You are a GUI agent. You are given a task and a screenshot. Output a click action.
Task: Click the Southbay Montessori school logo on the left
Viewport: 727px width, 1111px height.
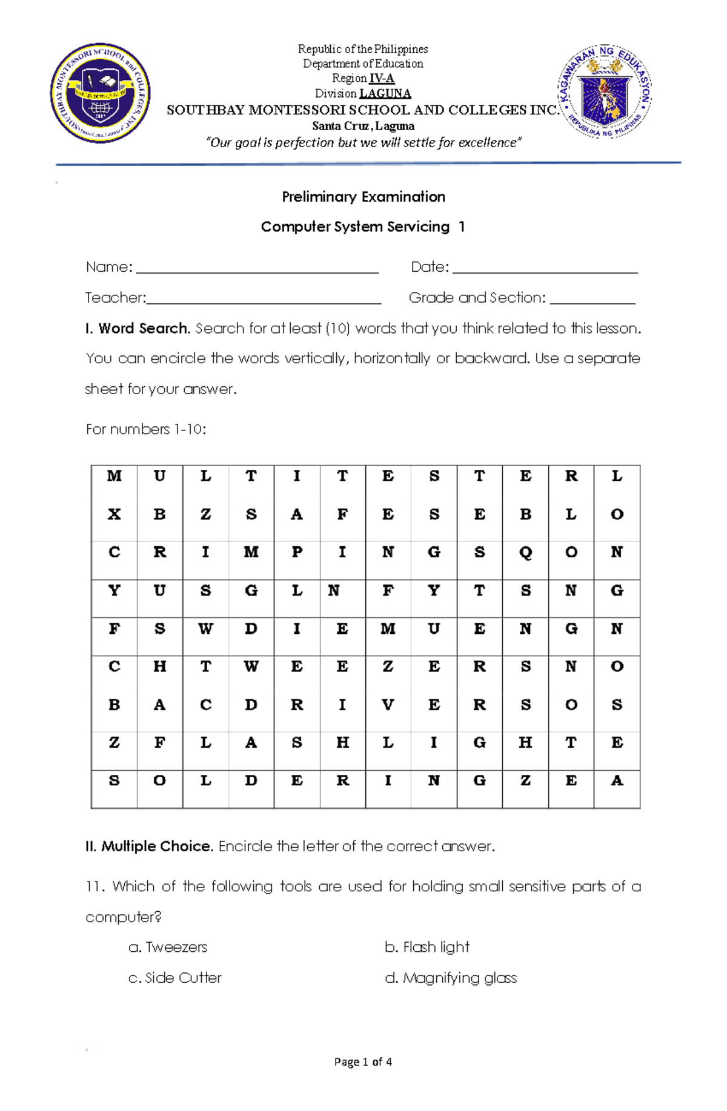coord(100,93)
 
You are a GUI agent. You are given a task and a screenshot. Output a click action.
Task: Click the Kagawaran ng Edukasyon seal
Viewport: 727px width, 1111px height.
coord(605,91)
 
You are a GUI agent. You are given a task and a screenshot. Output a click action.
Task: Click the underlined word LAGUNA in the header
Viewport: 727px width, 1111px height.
coord(385,93)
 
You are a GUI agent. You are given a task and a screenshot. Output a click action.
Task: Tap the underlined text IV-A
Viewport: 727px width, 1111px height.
coord(382,78)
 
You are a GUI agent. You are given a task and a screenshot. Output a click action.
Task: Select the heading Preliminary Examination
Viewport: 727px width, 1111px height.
coord(363,197)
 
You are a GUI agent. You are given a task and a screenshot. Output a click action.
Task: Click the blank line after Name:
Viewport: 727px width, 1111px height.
coord(257,268)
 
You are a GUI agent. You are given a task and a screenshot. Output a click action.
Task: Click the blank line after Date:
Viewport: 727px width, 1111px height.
coord(545,268)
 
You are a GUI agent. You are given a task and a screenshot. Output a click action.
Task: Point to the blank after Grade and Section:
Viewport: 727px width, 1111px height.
coord(593,299)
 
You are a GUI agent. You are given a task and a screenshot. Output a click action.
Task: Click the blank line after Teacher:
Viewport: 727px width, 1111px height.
coord(264,299)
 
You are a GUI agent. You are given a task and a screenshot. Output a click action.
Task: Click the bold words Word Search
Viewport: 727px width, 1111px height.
coord(144,328)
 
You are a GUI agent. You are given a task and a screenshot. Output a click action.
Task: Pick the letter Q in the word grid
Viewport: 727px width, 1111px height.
coord(525,552)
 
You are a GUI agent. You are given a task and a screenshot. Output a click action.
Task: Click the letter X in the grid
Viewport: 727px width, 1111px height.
coord(114,514)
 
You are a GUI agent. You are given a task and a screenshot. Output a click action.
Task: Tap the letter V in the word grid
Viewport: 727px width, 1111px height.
coord(388,705)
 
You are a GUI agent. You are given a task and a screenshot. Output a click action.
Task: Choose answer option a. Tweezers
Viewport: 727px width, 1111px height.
coord(168,947)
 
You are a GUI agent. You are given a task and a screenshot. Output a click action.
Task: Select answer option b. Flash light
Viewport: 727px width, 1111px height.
coord(427,947)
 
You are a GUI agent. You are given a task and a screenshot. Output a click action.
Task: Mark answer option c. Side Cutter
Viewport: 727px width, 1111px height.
coord(176,978)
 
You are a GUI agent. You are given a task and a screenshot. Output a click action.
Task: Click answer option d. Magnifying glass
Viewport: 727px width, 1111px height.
coord(451,978)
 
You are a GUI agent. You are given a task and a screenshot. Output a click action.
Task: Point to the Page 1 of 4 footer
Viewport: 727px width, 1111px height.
coord(363,1061)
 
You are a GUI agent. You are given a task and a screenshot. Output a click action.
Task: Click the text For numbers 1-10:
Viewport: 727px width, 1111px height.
coord(146,429)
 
